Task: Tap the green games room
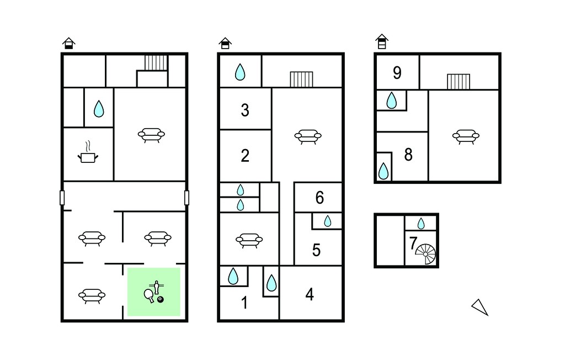[x=154, y=292]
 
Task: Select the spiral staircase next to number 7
[x=426, y=254]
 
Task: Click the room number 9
[x=397, y=73]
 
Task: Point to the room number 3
[x=245, y=110]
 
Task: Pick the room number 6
[x=319, y=198]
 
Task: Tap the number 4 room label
[x=310, y=295]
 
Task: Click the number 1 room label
[x=244, y=303]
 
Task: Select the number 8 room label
[x=408, y=155]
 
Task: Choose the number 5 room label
[x=316, y=250]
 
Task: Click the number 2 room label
[x=245, y=156]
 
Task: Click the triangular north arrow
[x=481, y=308]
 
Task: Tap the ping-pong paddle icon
[x=149, y=295]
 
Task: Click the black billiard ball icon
[x=161, y=299]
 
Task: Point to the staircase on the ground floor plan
[x=156, y=62]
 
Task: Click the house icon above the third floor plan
[x=382, y=41]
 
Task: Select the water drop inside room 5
[x=328, y=221]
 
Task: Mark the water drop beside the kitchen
[x=99, y=109]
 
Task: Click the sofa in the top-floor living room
[x=466, y=137]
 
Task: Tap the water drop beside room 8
[x=383, y=171]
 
